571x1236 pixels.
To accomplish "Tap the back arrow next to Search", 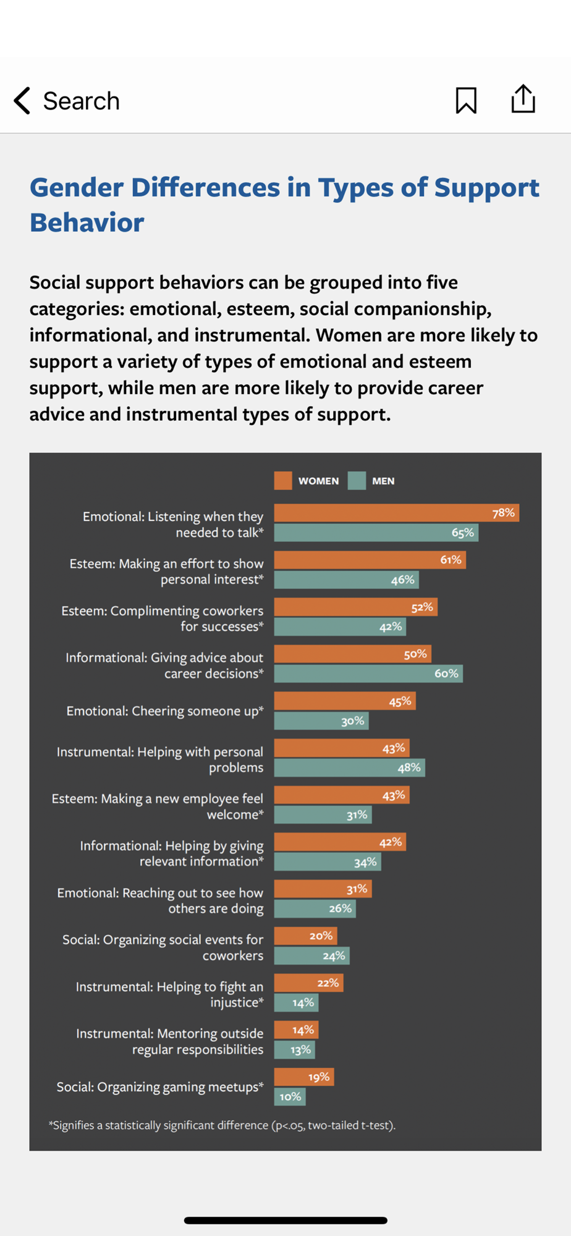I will click(x=22, y=101).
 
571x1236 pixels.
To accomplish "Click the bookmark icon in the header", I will click(x=466, y=100).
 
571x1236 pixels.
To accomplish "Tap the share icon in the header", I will click(x=523, y=99).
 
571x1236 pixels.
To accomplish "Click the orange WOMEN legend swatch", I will click(x=283, y=481).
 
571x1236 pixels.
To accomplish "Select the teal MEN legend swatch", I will click(x=357, y=481).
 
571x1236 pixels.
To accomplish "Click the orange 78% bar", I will click(x=396, y=513).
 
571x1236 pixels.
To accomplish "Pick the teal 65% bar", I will click(x=376, y=533).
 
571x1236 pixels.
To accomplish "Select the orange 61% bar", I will click(x=370, y=560).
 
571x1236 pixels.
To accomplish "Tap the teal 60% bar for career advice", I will click(x=368, y=674).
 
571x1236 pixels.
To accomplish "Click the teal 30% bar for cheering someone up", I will click(x=321, y=721).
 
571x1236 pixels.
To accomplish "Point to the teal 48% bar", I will click(x=349, y=768).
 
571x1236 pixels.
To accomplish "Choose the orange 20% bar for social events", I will click(x=305, y=936).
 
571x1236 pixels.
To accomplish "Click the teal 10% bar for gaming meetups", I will click(x=290, y=1096).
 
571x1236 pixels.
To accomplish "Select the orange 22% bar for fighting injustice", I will click(x=308, y=983).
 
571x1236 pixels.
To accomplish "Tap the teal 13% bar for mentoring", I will click(x=295, y=1049).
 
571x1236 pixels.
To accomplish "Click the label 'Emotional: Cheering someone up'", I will click(x=165, y=711).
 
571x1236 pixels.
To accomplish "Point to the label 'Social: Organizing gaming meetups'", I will click(x=160, y=1086).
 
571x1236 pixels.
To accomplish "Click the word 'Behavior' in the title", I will click(x=87, y=222).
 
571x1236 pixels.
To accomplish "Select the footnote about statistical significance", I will click(x=222, y=1125).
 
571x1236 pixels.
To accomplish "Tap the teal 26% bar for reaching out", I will click(x=315, y=908).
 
